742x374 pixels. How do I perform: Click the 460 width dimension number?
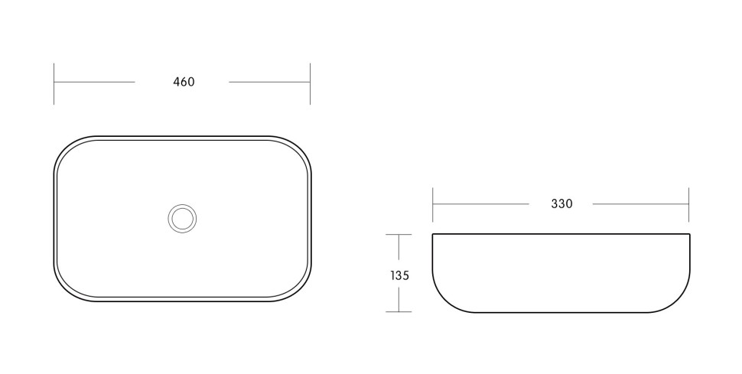click(184, 82)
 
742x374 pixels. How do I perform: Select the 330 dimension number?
click(561, 203)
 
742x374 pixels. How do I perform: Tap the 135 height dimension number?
click(400, 275)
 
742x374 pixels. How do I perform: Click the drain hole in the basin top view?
click(182, 218)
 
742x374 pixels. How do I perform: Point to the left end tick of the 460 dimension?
click(54, 83)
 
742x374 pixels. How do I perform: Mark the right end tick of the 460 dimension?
click(311, 83)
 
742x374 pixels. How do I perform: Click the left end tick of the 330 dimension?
click(432, 204)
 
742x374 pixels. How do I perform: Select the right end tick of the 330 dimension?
click(689, 204)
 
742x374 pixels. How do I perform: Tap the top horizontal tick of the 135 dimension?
click(399, 234)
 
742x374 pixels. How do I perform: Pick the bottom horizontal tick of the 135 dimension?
click(399, 311)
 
